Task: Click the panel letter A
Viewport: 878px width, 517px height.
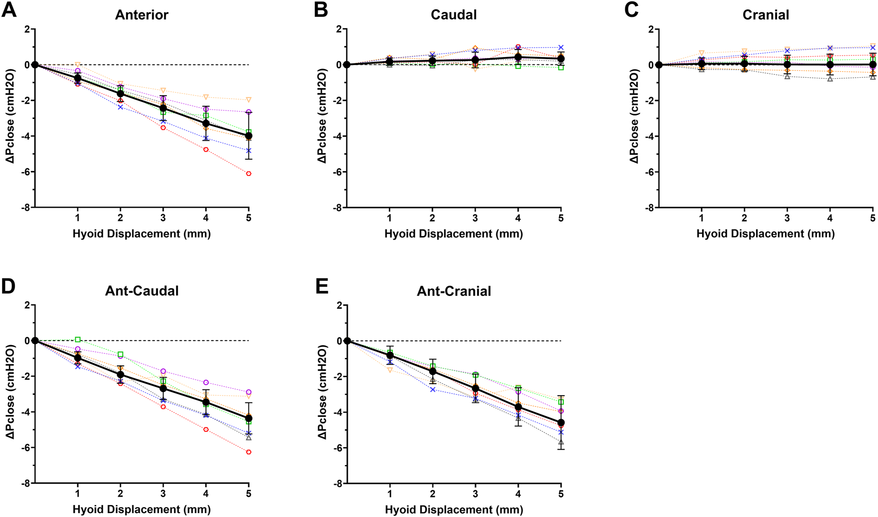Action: [x=9, y=10]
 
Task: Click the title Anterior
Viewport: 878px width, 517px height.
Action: [x=142, y=15]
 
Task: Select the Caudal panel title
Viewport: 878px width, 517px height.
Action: [x=453, y=15]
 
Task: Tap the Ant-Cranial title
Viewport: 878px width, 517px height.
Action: [x=454, y=291]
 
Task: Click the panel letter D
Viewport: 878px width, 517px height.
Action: [x=9, y=287]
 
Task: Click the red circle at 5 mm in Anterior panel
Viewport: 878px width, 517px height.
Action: [x=249, y=173]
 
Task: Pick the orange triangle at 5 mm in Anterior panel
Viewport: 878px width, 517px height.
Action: [x=249, y=100]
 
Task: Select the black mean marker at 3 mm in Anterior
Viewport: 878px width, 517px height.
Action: [x=163, y=108]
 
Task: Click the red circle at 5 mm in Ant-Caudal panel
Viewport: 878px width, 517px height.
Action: [x=249, y=452]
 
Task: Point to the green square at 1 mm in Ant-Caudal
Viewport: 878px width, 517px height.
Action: [x=78, y=340]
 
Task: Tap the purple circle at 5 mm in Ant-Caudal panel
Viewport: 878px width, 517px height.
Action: [x=249, y=392]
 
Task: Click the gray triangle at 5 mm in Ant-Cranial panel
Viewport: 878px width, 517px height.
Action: [x=561, y=442]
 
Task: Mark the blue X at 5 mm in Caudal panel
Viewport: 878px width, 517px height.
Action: [x=561, y=48]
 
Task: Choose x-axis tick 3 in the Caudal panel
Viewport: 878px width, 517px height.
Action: [x=475, y=218]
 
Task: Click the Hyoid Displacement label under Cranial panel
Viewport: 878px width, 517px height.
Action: [x=766, y=233]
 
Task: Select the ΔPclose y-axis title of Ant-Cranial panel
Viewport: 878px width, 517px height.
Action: [x=322, y=392]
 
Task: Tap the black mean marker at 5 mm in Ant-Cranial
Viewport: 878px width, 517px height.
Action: [x=561, y=423]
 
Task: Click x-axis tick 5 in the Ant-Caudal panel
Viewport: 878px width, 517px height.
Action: [x=249, y=494]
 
